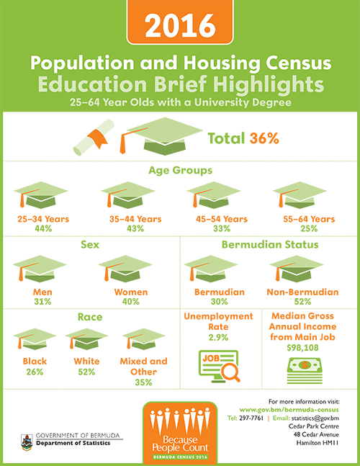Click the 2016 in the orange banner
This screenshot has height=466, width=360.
point(180,26)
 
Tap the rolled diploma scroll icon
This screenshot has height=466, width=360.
point(94,138)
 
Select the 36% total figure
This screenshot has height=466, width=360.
point(264,138)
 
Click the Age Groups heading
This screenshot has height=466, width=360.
point(180,171)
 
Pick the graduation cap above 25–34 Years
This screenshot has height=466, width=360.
point(41,194)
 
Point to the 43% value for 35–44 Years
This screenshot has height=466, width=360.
point(135,228)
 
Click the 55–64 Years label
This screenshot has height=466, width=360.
point(309,220)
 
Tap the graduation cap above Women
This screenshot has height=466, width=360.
point(125,269)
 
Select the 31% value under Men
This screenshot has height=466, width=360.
point(42,302)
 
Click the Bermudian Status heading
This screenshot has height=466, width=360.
point(270,245)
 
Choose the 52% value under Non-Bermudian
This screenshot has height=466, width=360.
point(302,302)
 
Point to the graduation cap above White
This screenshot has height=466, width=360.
point(86,339)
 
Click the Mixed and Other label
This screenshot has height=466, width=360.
point(143,367)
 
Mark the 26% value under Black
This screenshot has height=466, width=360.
point(35,372)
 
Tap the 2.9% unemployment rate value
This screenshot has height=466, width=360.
point(218,338)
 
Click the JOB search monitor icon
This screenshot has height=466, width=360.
point(219,366)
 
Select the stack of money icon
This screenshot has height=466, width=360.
point(305,371)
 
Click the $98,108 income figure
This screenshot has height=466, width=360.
point(302,348)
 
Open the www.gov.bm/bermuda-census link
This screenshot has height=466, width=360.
point(289,410)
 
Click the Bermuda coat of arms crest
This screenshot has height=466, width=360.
point(27,442)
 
